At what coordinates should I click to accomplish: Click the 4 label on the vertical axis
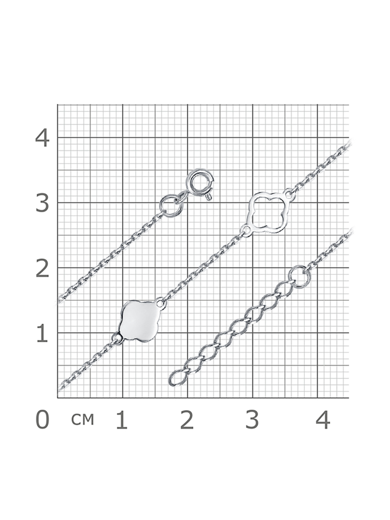(x=42, y=139)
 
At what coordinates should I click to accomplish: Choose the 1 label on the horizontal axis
(x=122, y=420)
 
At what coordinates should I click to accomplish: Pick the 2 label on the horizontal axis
(x=187, y=420)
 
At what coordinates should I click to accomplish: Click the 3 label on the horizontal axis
(x=252, y=420)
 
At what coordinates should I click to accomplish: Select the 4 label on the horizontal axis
(x=323, y=420)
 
